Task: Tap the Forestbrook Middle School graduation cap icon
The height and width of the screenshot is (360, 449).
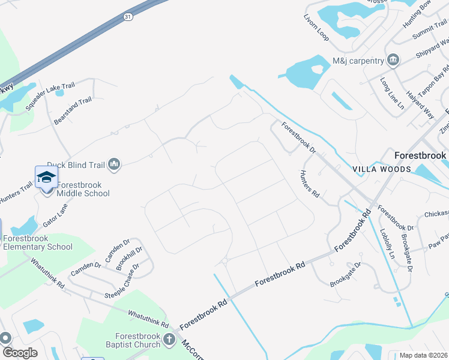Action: tap(46, 177)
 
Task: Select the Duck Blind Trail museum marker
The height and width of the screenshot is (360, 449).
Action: tap(115, 163)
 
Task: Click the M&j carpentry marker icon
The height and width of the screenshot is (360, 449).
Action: tap(393, 60)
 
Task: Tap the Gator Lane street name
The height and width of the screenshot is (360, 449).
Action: tap(55, 214)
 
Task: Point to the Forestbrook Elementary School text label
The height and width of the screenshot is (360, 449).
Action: tap(38, 242)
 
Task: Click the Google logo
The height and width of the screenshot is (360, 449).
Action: tap(20, 353)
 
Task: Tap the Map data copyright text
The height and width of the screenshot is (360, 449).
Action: tap(424, 355)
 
